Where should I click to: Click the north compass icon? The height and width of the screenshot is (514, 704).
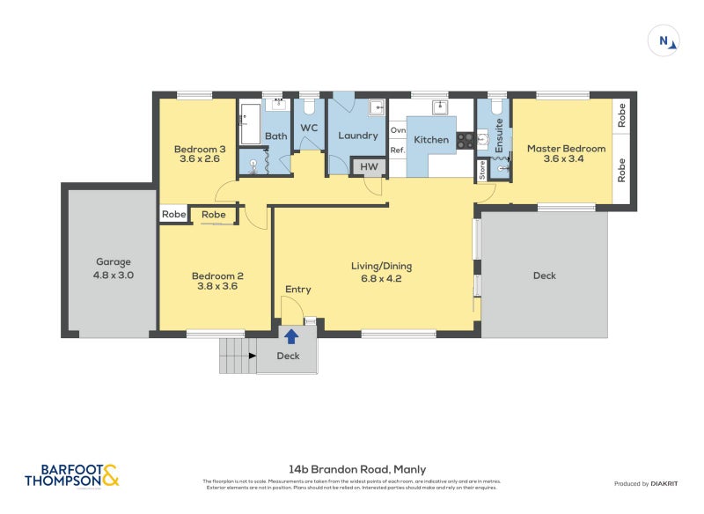pyautogui.click(x=665, y=40)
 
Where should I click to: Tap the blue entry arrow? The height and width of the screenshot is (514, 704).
pyautogui.click(x=290, y=334)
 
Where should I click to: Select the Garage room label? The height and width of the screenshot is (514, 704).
pyautogui.click(x=114, y=268)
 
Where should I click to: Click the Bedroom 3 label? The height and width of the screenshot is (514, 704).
pyautogui.click(x=199, y=153)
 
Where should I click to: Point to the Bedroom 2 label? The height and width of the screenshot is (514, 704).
pyautogui.click(x=217, y=282)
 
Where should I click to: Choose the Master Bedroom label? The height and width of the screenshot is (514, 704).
pyautogui.click(x=566, y=154)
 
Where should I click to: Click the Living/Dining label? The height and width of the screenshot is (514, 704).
pyautogui.click(x=382, y=272)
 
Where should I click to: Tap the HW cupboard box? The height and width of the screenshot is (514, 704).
pyautogui.click(x=368, y=166)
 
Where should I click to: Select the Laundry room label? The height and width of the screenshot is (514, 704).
pyautogui.click(x=357, y=136)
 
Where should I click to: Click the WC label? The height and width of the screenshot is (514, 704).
pyautogui.click(x=309, y=128)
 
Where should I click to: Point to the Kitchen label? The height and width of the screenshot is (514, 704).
pyautogui.click(x=431, y=140)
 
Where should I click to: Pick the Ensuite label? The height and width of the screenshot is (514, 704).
pyautogui.click(x=498, y=136)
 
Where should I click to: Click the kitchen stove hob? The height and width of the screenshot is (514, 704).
pyautogui.click(x=465, y=139)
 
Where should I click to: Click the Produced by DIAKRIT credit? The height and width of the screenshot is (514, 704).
pyautogui.click(x=645, y=483)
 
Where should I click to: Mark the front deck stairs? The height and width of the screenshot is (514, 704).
pyautogui.click(x=233, y=355)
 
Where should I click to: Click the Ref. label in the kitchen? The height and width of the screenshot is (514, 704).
pyautogui.click(x=397, y=151)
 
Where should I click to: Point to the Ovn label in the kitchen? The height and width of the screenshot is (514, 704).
pyautogui.click(x=397, y=130)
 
